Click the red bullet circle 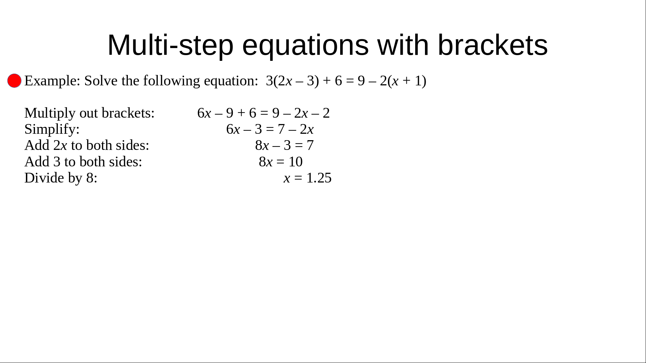[x=14, y=81]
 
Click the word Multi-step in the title [x=170, y=45]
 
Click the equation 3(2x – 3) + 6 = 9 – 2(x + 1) [x=346, y=81]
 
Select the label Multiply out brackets [x=89, y=113]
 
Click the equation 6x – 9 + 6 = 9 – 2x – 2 [x=263, y=113]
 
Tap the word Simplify [x=52, y=129]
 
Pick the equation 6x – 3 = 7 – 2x [x=270, y=129]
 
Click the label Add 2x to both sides [x=87, y=145]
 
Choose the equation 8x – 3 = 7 [x=284, y=146]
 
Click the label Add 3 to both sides [x=83, y=162]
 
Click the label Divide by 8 [x=61, y=178]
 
